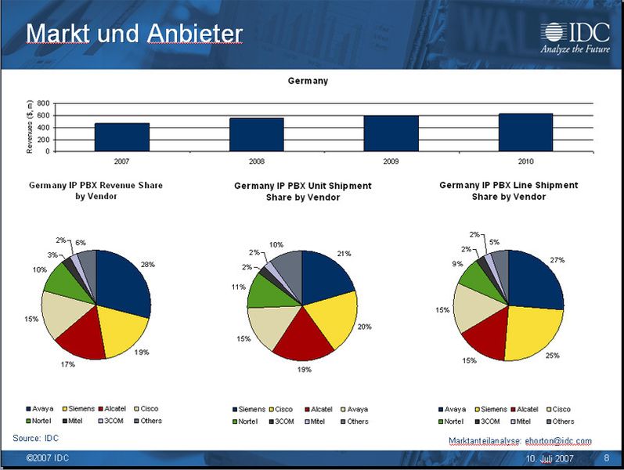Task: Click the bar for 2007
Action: (x=122, y=136)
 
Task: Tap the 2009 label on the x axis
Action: (x=391, y=161)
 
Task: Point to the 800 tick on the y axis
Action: (x=43, y=103)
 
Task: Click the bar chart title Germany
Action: (x=308, y=81)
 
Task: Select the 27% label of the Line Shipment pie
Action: (x=557, y=259)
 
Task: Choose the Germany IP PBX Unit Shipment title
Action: (x=302, y=191)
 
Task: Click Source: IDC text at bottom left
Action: (x=36, y=438)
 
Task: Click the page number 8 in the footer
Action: (x=606, y=457)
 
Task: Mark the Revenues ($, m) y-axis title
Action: (x=29, y=127)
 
